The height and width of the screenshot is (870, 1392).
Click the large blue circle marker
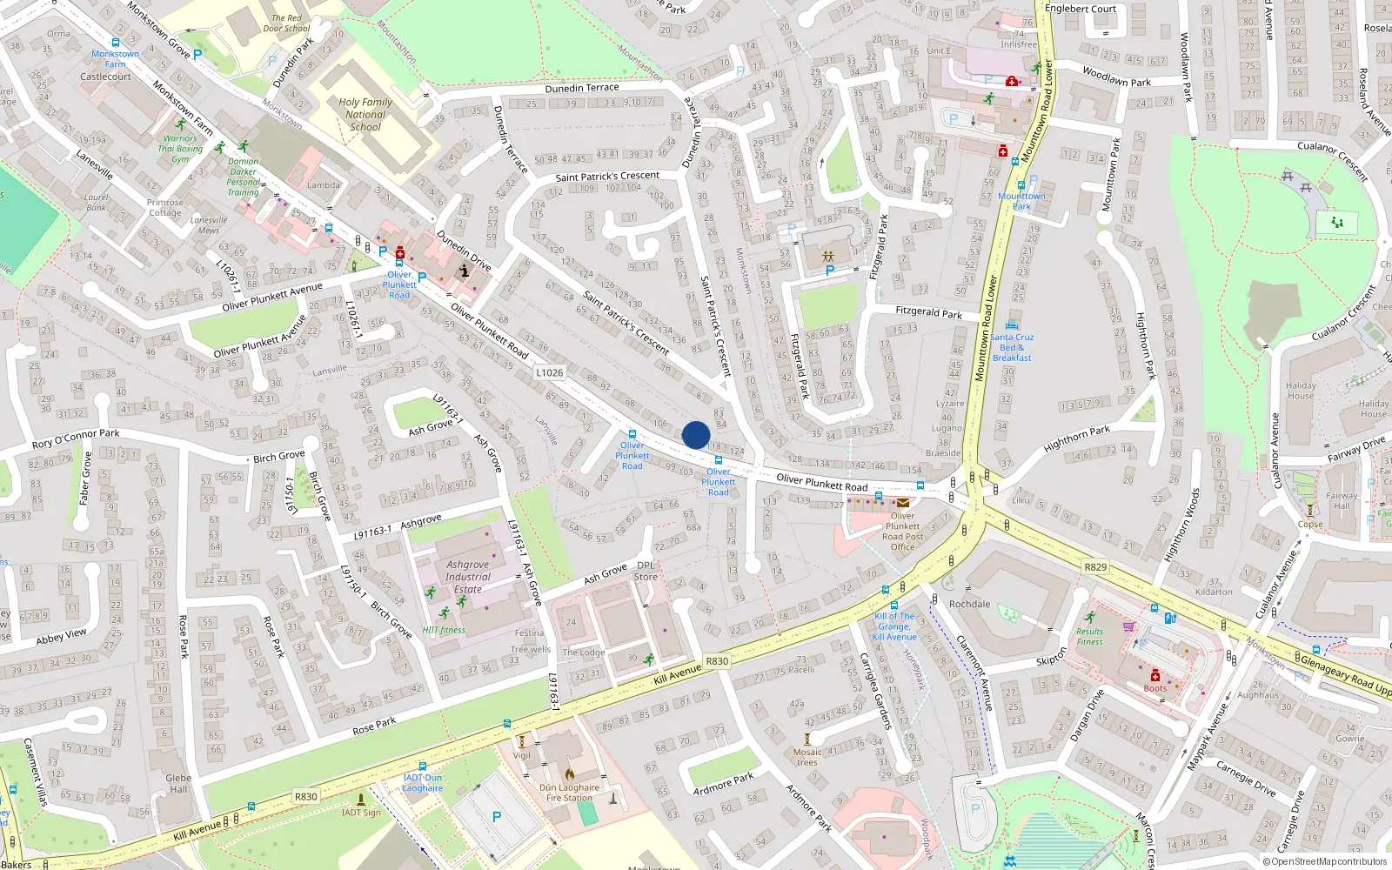pyautogui.click(x=696, y=435)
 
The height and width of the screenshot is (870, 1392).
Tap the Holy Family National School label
pyautogui.click(x=365, y=114)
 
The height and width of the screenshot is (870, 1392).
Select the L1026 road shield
pyautogui.click(x=549, y=372)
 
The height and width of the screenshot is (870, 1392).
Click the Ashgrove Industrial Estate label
pyautogui.click(x=468, y=576)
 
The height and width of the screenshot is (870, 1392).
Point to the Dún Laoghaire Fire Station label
pyautogui.click(x=569, y=793)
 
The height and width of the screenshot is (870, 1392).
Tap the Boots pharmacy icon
pyautogui.click(x=1155, y=676)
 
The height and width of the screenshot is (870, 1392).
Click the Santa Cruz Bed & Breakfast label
pyautogui.click(x=1012, y=347)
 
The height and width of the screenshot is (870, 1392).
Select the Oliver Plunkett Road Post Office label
pyautogui.click(x=902, y=531)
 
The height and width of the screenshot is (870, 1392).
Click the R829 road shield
pyautogui.click(x=1095, y=567)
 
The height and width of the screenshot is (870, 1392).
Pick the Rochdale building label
pyautogui.click(x=969, y=604)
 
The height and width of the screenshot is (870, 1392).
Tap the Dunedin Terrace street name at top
pyautogui.click(x=582, y=88)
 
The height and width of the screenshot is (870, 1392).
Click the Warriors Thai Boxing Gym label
pyautogui.click(x=180, y=149)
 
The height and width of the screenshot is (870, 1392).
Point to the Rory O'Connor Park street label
pyautogui.click(x=76, y=438)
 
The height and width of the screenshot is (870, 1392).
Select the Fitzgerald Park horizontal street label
pyautogui.click(x=928, y=311)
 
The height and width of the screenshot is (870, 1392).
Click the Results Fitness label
pyautogui.click(x=1089, y=637)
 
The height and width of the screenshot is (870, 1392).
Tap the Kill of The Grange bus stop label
pyautogui.click(x=894, y=626)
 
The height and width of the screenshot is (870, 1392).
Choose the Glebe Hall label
pyautogui.click(x=178, y=784)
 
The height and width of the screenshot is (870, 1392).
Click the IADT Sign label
pyautogui.click(x=361, y=813)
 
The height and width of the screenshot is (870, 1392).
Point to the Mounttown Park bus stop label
pyautogui.click(x=1021, y=201)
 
